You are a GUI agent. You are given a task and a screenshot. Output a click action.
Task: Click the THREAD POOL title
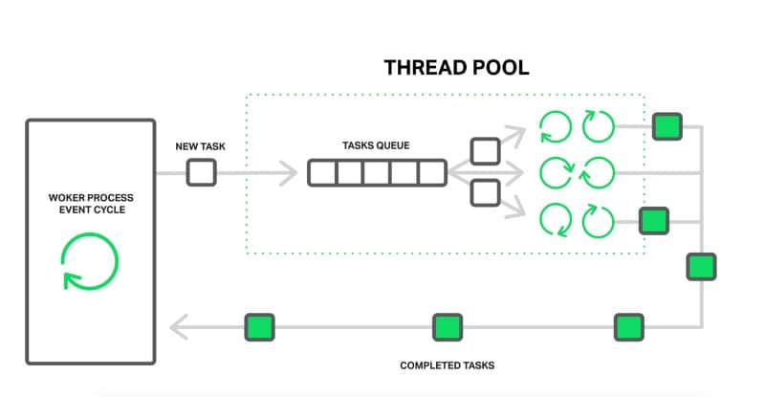click(456, 68)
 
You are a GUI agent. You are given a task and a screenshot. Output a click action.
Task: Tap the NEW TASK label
click(200, 146)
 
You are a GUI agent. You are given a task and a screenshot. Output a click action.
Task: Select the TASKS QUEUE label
click(376, 146)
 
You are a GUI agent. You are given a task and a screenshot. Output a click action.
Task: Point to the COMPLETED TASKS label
click(447, 365)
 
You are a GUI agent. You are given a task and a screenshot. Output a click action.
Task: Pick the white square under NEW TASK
click(201, 173)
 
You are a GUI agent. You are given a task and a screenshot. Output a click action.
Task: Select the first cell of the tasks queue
click(322, 173)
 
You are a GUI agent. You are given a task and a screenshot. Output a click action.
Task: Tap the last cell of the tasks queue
click(432, 173)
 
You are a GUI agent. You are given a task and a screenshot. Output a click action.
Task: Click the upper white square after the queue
click(486, 151)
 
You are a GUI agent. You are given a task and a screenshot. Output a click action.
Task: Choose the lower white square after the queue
click(486, 193)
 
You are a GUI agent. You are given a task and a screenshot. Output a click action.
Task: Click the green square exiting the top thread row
click(667, 126)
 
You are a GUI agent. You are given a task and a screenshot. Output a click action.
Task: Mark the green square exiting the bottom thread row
click(654, 221)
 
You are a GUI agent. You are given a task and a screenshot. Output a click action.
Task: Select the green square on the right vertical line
click(701, 266)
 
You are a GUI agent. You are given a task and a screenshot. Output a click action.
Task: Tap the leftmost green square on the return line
click(259, 327)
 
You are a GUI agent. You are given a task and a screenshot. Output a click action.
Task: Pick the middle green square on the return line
click(447, 327)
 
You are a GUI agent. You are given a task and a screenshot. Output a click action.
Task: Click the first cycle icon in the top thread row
click(555, 126)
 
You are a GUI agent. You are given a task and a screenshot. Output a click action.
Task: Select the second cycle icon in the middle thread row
click(599, 172)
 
